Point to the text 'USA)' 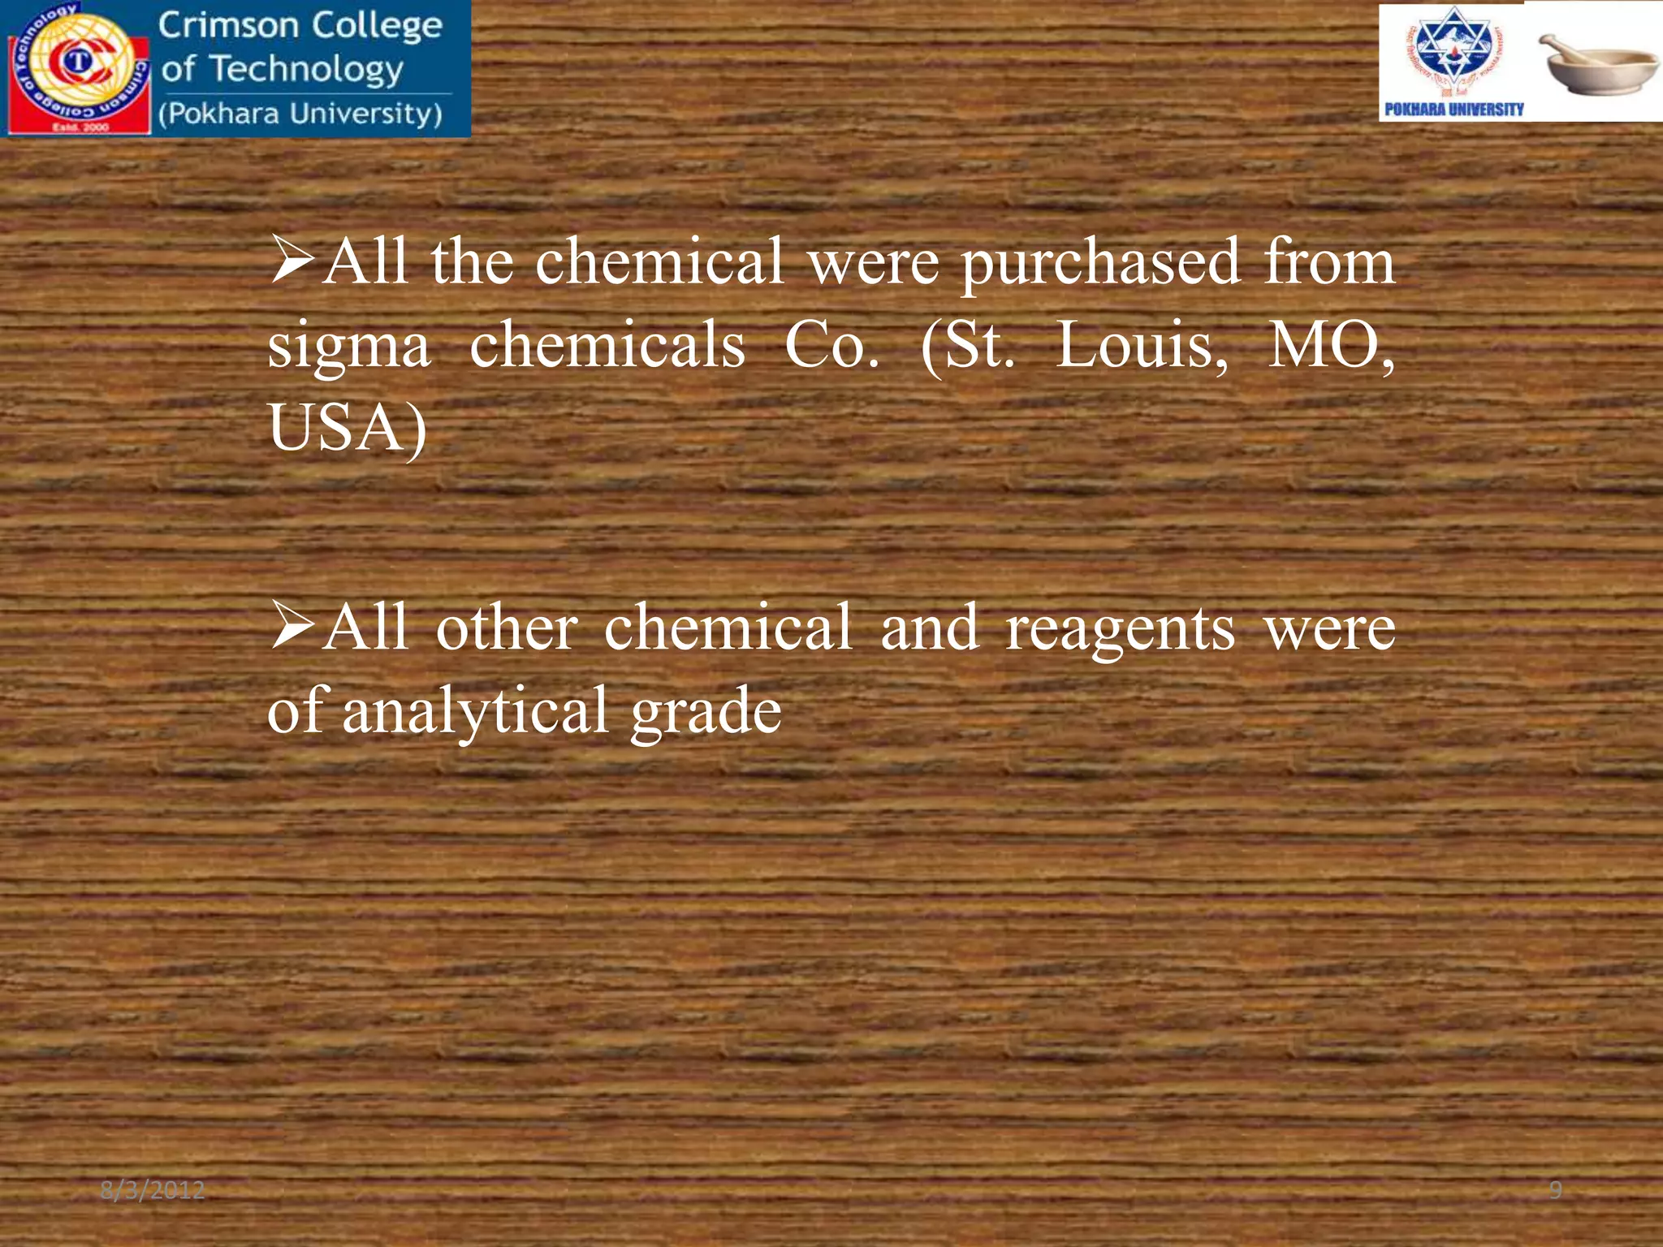coord(348,429)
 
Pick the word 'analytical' coord(475,710)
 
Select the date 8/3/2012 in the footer coord(153,1190)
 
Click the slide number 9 coord(1555,1190)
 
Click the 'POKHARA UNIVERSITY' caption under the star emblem coord(1454,110)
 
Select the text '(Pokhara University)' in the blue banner coord(300,114)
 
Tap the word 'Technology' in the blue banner coord(306,70)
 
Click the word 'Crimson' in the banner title coord(228,25)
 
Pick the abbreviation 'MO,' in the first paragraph coord(1332,345)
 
